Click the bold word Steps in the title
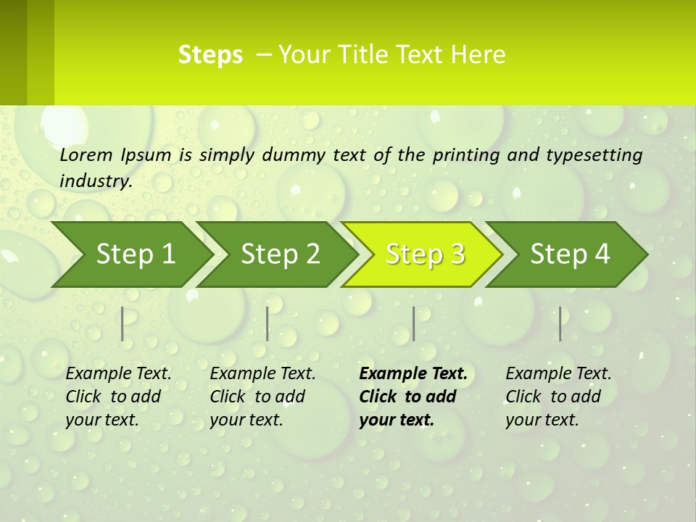pos(210,55)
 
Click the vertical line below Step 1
pos(123,323)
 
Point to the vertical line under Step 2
pos(268,323)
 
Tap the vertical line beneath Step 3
pos(414,323)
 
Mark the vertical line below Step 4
pos(560,323)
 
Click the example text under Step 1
pos(118,397)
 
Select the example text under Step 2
pos(262,397)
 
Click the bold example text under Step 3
pos(413,397)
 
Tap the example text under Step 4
pos(558,397)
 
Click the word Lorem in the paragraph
pos(86,155)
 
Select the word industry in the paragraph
pos(96,181)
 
